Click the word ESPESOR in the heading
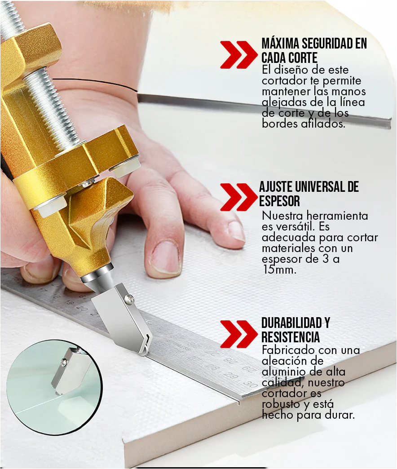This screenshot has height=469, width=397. [279, 201]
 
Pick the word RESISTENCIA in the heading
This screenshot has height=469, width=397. [290, 337]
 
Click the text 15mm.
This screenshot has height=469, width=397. [279, 270]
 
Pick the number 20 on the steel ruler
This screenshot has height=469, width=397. [82, 309]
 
